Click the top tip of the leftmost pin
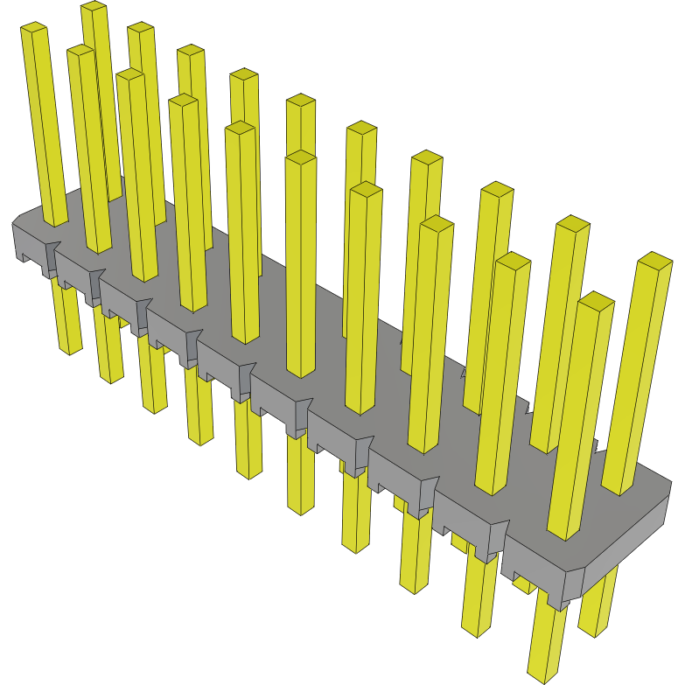pyautogui.click(x=33, y=30)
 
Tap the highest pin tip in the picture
pyautogui.click(x=94, y=7)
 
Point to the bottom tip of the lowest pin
pyautogui.click(x=542, y=677)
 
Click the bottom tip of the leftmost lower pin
pyautogui.click(x=70, y=350)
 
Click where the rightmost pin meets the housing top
pyautogui.click(x=618, y=490)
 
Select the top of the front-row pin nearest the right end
pyautogui.click(x=596, y=302)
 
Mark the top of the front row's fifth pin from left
pyautogui.click(x=300, y=157)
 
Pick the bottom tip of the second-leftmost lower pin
pyautogui.click(x=111, y=378)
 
